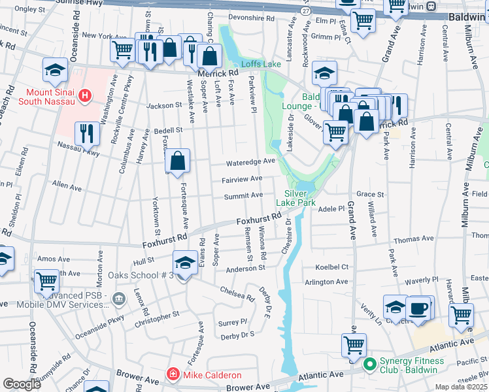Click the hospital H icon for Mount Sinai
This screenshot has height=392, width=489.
[x=84, y=97]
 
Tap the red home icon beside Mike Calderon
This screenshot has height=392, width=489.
[x=173, y=374]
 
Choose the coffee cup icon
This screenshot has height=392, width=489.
[x=418, y=308]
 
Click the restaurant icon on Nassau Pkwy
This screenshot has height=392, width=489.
[x=87, y=135]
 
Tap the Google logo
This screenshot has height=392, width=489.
[x=22, y=384]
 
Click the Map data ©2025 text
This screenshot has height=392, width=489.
[x=462, y=387]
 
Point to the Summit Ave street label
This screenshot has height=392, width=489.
[x=244, y=195]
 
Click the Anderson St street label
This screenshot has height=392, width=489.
[x=245, y=268]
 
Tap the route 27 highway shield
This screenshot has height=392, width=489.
[x=305, y=11]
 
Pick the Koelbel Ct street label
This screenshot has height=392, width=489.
[x=331, y=267]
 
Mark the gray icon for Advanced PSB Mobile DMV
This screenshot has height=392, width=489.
[x=119, y=299]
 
